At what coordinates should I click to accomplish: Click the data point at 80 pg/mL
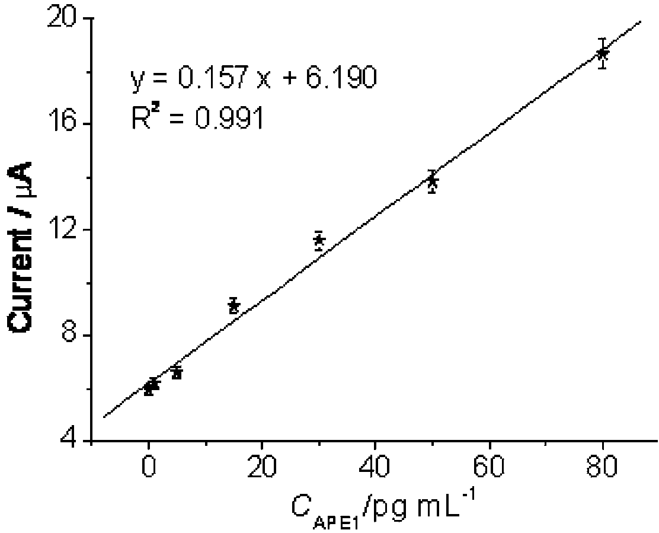[x=603, y=53]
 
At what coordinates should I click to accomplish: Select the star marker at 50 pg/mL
[x=432, y=181]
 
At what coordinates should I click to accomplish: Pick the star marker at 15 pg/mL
[x=233, y=305]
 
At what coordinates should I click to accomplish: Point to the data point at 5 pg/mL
[x=177, y=372]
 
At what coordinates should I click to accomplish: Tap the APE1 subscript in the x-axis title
[x=337, y=524]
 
